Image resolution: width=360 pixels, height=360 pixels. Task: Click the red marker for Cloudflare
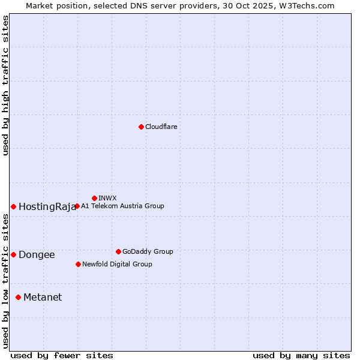(141, 127)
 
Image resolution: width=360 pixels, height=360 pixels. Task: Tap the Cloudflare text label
(161, 127)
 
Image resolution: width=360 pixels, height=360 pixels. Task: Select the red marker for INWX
(94, 198)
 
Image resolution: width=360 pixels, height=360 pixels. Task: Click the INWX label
(107, 198)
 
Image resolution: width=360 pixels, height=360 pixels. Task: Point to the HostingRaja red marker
(13, 206)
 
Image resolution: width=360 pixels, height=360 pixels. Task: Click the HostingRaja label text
(47, 207)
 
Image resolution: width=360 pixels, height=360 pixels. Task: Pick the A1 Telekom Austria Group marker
(77, 206)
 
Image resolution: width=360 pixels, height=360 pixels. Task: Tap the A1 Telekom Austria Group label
(122, 206)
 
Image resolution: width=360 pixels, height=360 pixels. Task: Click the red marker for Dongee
(13, 254)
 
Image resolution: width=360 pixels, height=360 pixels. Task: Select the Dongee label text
(37, 255)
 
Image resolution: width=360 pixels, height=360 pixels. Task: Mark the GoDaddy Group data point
(118, 251)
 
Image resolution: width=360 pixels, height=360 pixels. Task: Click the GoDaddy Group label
(148, 251)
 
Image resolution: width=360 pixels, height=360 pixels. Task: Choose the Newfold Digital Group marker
(78, 264)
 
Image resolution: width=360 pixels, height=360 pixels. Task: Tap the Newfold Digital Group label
(117, 264)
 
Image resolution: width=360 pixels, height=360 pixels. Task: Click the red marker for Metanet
(18, 297)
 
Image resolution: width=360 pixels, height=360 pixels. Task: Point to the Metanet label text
(43, 298)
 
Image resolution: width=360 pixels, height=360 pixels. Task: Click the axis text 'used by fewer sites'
(62, 356)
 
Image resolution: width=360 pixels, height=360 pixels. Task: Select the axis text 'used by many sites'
(301, 356)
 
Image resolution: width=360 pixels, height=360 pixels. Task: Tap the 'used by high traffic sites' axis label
(5, 86)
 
